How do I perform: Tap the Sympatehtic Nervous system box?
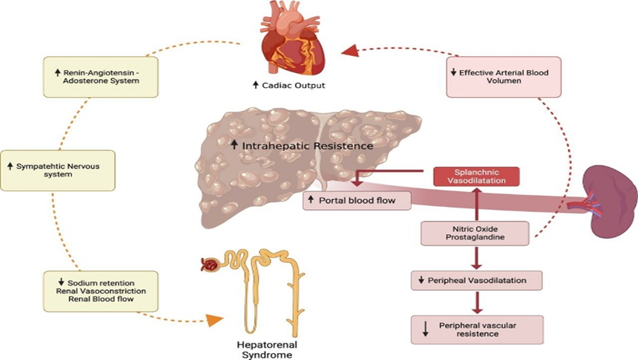click(x=58, y=170)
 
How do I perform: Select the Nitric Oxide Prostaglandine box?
click(x=475, y=233)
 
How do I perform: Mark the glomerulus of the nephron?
click(x=209, y=264)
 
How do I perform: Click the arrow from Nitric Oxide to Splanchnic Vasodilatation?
click(x=475, y=204)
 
